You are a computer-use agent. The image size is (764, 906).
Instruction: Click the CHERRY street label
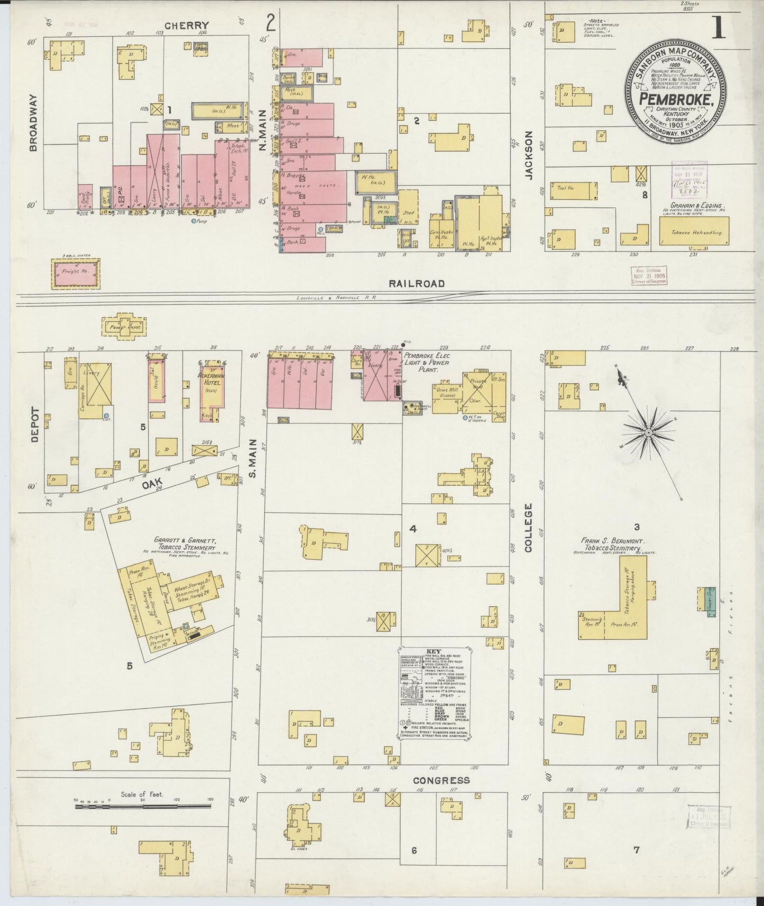pos(186,25)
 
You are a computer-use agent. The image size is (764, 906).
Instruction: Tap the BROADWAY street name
pos(34,123)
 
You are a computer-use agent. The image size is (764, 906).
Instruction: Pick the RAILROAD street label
pos(416,283)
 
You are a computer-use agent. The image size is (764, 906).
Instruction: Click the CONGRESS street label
pos(441,780)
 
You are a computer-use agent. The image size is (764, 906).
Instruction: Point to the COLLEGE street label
pos(528,528)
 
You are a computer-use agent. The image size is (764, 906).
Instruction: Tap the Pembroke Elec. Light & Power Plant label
pos(427,363)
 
